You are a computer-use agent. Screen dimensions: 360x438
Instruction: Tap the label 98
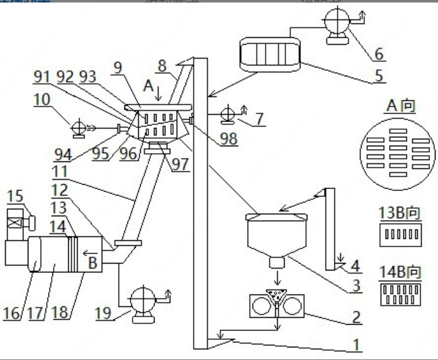tap(229, 139)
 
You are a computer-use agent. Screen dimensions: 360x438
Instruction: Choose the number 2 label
tap(357, 315)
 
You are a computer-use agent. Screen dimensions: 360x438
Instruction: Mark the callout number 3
tap(356, 285)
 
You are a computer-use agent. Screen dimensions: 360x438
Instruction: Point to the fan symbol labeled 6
tap(334, 29)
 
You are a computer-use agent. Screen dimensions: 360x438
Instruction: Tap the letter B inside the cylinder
tap(94, 264)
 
